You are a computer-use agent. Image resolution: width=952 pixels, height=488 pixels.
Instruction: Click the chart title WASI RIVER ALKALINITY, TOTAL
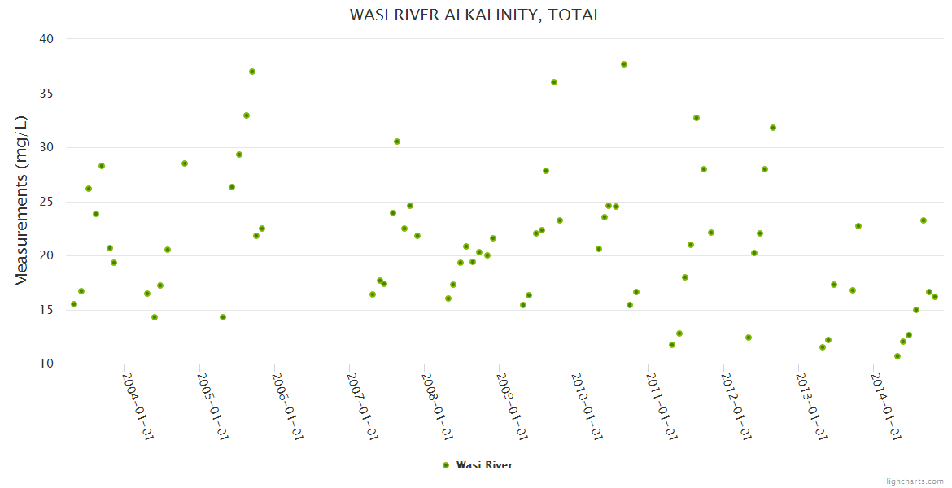475,15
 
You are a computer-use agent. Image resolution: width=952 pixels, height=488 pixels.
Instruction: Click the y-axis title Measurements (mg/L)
22,200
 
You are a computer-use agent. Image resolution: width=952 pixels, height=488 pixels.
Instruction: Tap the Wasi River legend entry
478,465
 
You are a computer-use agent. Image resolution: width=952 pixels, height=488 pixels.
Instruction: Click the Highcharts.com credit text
913,481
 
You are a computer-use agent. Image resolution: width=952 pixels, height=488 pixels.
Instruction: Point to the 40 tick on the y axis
46,39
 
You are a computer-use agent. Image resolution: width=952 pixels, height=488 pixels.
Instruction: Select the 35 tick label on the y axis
46,94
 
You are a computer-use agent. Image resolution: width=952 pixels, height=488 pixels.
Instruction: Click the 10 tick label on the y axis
46,364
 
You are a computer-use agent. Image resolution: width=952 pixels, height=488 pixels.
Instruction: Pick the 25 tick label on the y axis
46,202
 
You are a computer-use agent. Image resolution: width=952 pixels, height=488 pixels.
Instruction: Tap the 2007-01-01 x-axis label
363,407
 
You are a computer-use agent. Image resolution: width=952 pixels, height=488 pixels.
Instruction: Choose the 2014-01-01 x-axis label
886,407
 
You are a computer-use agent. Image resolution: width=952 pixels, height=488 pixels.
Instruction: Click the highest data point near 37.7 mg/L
624,64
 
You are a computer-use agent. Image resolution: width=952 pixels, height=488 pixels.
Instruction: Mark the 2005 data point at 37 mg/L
252,72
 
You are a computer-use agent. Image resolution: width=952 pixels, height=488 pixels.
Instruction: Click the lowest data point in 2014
897,356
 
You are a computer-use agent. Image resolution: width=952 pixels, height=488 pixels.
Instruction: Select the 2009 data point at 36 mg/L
554,82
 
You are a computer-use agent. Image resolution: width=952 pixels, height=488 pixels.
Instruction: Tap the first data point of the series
74,304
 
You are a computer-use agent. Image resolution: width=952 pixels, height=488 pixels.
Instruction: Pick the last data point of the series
935,297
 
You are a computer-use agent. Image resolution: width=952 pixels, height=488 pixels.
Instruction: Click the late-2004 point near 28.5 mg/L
185,163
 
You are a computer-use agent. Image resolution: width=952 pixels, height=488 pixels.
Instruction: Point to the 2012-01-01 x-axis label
737,407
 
